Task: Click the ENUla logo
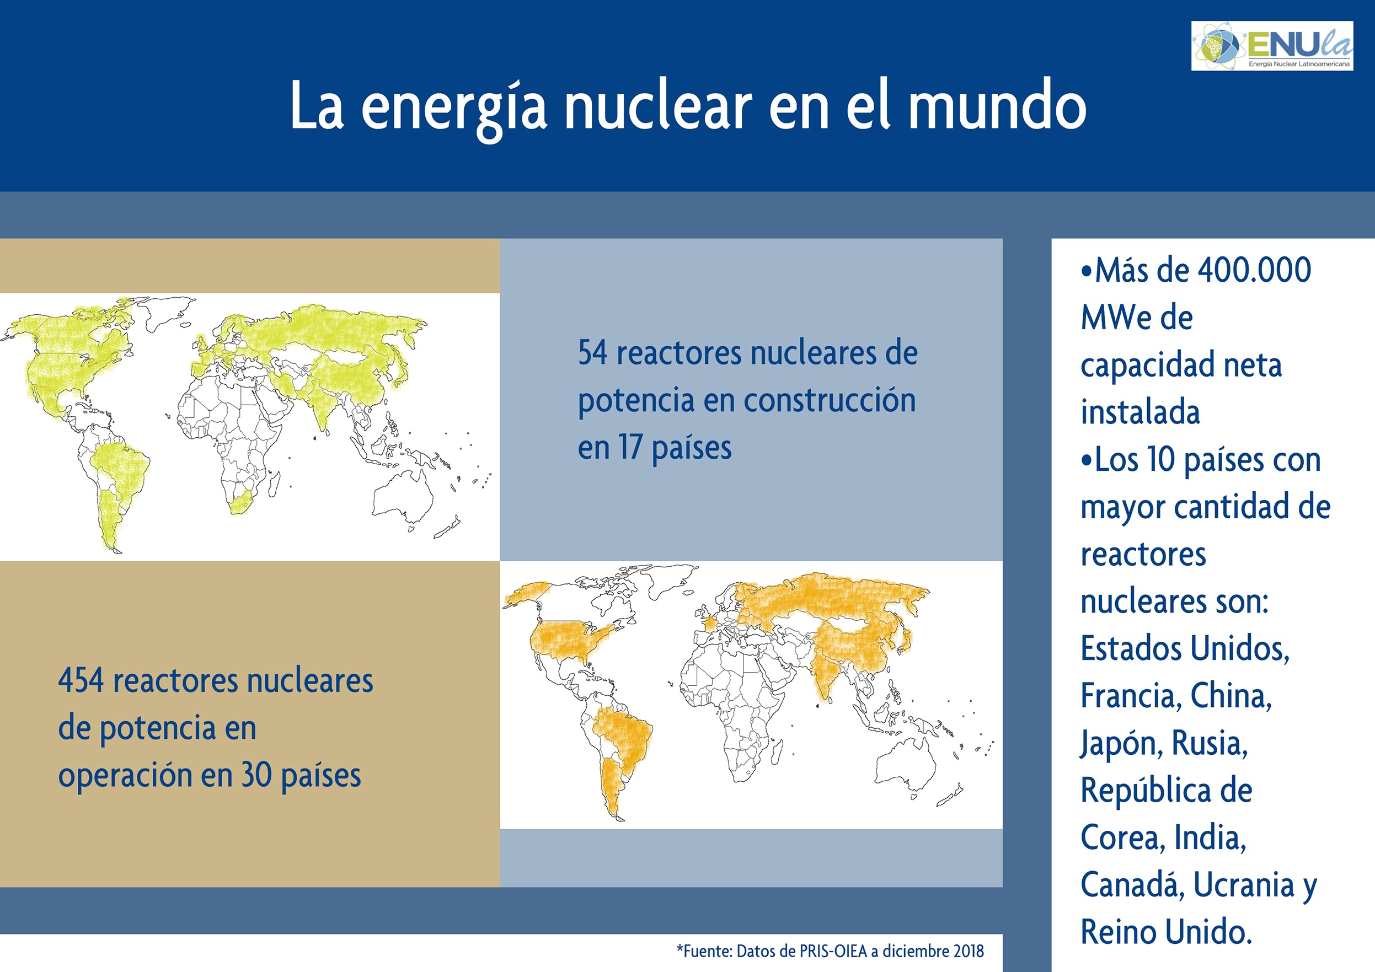[x=1272, y=46]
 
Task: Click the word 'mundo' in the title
[x=997, y=106]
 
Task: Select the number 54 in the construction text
[x=593, y=352]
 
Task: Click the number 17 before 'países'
[x=630, y=447]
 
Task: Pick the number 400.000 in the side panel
[x=1254, y=270]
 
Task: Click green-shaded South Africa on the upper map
[x=242, y=504]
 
